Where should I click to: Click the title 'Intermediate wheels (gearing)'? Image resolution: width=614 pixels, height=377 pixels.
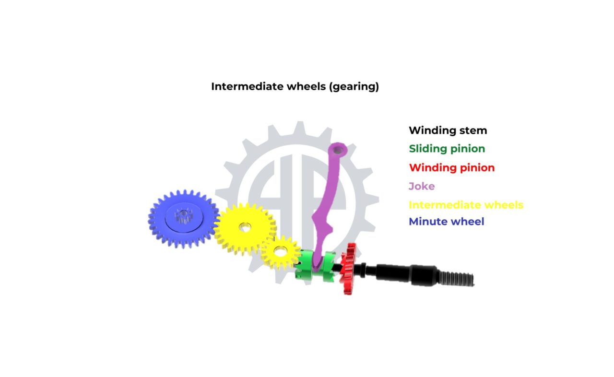click(295, 87)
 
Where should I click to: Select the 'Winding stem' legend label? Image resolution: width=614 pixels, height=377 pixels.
click(448, 130)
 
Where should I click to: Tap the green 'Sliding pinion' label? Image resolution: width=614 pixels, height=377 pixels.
click(447, 149)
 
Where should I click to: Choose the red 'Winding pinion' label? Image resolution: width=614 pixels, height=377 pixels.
click(452, 168)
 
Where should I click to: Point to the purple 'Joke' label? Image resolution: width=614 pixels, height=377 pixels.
click(422, 186)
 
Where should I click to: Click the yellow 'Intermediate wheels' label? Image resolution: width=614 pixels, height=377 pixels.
click(466, 205)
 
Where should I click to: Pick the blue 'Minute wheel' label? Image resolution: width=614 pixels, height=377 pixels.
click(446, 222)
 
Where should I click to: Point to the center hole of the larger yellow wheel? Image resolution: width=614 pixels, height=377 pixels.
click(245, 227)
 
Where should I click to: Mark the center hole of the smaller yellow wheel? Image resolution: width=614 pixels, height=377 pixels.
click(281, 251)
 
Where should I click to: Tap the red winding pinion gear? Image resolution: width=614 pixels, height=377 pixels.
click(348, 269)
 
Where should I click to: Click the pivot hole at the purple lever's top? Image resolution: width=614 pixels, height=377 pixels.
click(338, 150)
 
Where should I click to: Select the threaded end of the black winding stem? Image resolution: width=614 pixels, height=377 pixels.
click(456, 280)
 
